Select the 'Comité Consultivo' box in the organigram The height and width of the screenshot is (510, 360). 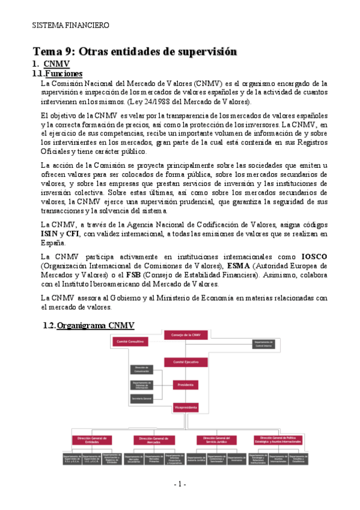click(144, 342)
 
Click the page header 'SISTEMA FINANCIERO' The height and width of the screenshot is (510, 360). click(70, 26)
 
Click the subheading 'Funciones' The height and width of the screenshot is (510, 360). click(63, 73)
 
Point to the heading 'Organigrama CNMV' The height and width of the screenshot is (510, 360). click(92, 325)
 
